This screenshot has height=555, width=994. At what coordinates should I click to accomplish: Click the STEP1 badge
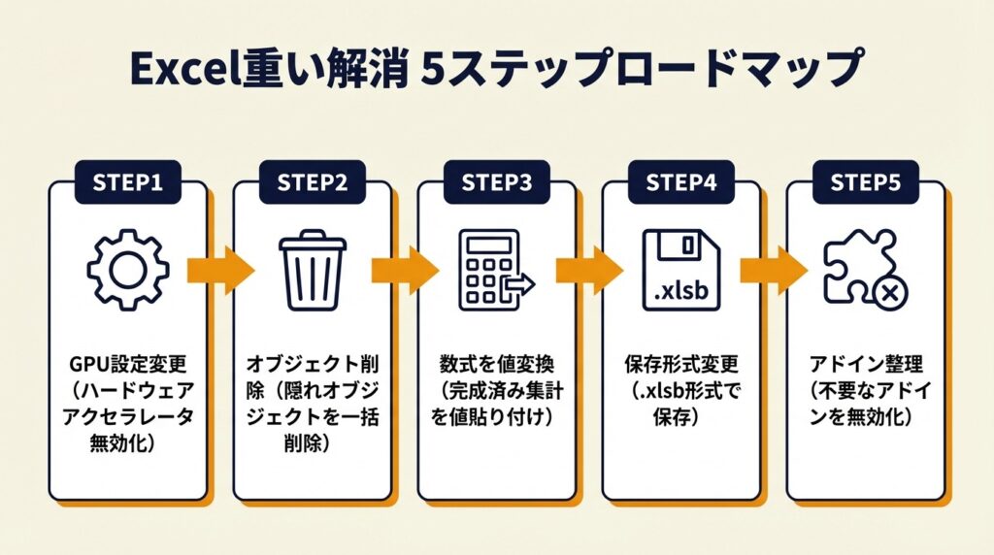click(127, 182)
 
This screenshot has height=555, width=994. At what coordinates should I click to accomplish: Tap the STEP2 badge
click(312, 182)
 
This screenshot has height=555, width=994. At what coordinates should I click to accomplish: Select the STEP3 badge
click(496, 182)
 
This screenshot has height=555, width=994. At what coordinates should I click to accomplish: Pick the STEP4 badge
click(680, 182)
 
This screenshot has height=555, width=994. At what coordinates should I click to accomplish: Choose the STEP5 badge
click(865, 182)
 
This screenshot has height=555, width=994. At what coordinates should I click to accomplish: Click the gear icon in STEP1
click(128, 270)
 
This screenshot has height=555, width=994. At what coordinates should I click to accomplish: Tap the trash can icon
click(312, 269)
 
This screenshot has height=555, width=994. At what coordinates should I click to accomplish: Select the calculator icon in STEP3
click(492, 271)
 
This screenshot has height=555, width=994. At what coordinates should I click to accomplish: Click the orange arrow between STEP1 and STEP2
click(219, 269)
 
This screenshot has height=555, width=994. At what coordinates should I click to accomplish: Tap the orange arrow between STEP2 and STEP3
click(404, 269)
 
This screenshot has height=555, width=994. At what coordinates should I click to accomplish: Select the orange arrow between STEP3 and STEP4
click(588, 269)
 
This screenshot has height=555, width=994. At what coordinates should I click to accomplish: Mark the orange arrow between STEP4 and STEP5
click(773, 269)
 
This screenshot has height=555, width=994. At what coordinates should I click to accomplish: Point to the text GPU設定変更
click(127, 366)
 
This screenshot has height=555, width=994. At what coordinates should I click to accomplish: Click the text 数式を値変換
click(496, 366)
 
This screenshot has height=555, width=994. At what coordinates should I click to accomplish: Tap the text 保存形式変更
click(680, 366)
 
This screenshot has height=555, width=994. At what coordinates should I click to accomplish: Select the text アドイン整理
click(865, 366)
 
